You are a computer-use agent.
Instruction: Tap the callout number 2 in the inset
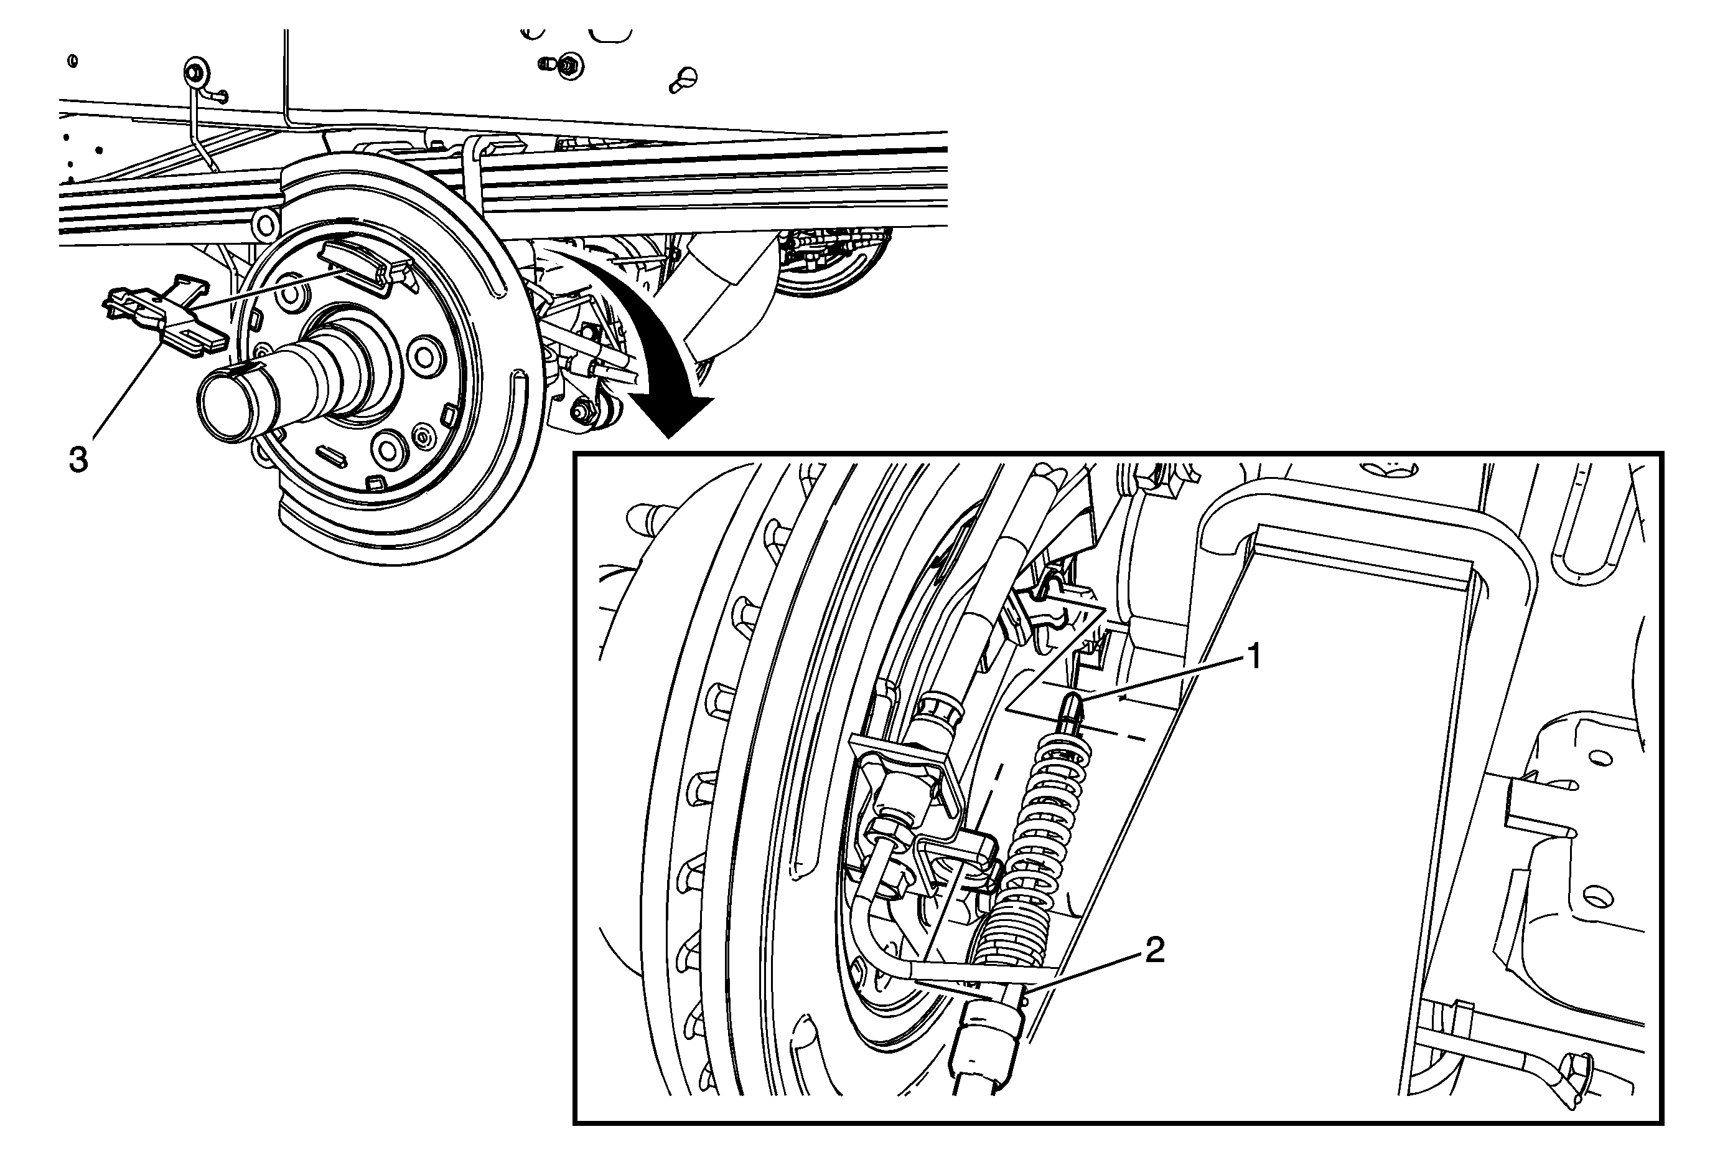click(1154, 950)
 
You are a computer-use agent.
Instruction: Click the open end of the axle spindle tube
click(226, 406)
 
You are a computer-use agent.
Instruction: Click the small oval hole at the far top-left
click(72, 60)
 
